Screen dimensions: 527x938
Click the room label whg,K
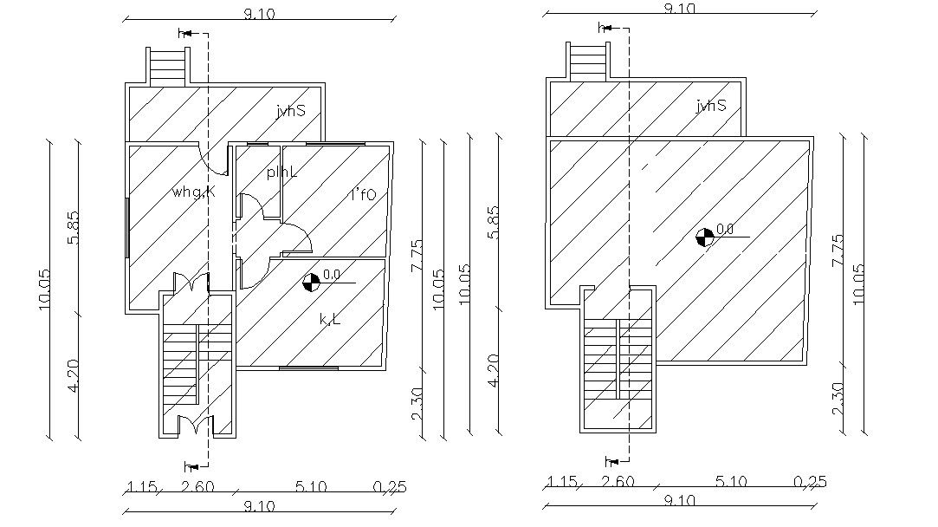click(193, 192)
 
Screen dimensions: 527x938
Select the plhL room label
click(281, 172)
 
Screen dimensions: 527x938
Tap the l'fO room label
click(363, 195)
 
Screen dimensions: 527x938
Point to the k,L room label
click(330, 320)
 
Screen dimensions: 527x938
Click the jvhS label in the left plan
click(291, 110)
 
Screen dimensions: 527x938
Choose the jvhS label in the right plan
click(711, 106)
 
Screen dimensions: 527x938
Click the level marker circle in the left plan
click(309, 281)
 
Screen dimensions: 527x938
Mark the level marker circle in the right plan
click(706, 236)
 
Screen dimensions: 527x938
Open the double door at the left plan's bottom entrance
click(195, 426)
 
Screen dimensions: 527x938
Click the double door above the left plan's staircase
click(191, 283)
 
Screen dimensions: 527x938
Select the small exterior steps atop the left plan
click(168, 66)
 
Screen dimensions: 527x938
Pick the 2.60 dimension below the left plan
click(197, 487)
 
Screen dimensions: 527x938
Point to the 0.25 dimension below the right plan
click(809, 482)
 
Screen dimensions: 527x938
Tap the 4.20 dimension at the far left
click(74, 374)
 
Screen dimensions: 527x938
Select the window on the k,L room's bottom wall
click(308, 368)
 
